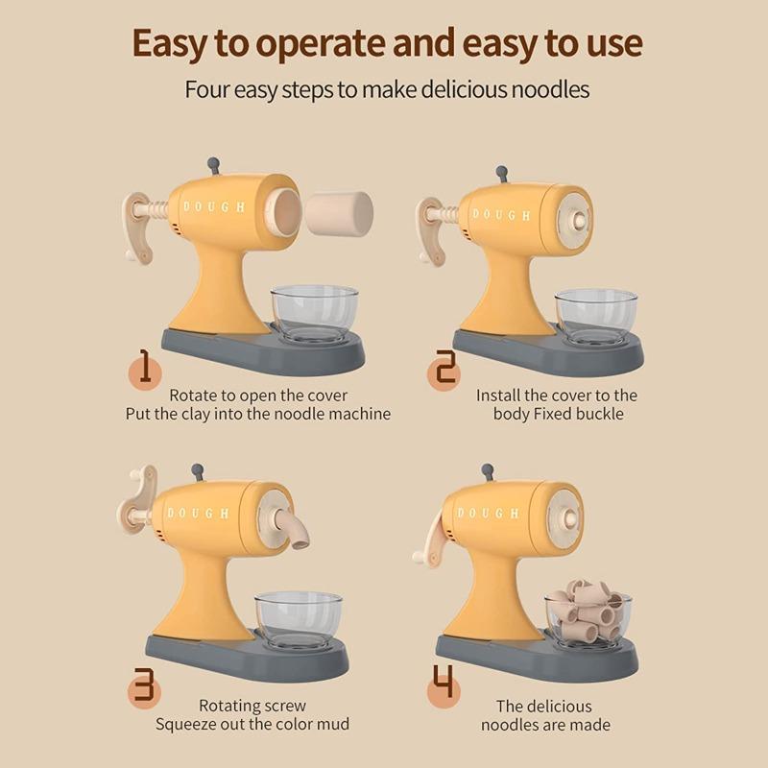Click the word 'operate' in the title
[x=321, y=45]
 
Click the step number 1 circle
[x=145, y=372]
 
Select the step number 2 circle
[x=444, y=373]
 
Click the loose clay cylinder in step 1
[x=339, y=213]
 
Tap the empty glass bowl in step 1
[x=315, y=314]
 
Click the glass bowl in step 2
[x=597, y=317]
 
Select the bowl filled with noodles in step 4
[x=588, y=618]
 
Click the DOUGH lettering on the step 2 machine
[x=501, y=214]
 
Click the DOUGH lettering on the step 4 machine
[x=488, y=513]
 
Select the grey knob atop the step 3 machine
[x=198, y=472]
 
